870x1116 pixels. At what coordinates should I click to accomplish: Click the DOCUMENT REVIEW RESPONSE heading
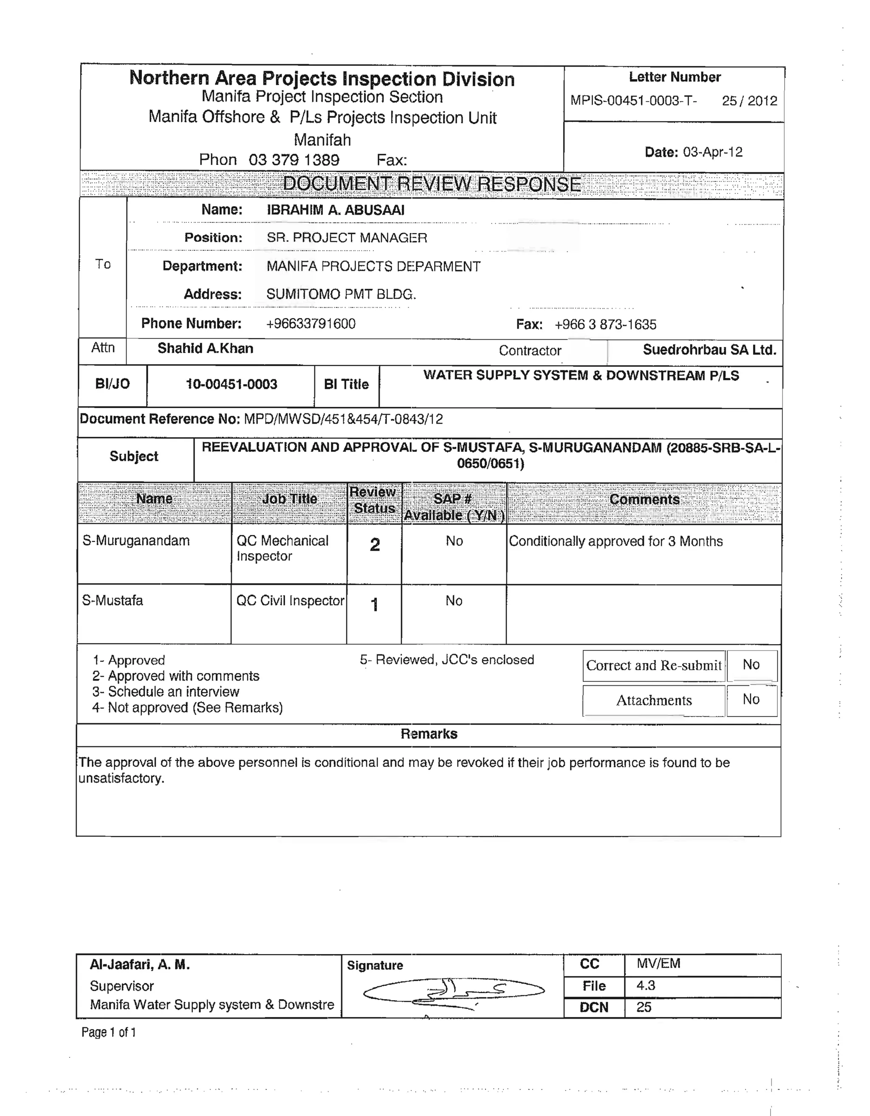pyautogui.click(x=432, y=184)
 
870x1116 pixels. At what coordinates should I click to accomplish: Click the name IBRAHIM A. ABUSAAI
pyautogui.click(x=336, y=210)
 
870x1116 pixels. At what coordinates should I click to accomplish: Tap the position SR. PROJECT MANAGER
pyautogui.click(x=347, y=238)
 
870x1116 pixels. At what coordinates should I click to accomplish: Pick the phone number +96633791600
pyautogui.click(x=311, y=324)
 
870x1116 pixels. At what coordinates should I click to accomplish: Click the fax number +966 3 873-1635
pyautogui.click(x=605, y=324)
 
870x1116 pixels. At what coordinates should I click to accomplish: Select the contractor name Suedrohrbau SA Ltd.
pyautogui.click(x=709, y=350)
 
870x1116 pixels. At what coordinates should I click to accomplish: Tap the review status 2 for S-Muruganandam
pyautogui.click(x=375, y=545)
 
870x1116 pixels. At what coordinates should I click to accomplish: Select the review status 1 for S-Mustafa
pyautogui.click(x=374, y=605)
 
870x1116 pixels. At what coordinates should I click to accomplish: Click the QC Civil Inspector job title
pyautogui.click(x=290, y=601)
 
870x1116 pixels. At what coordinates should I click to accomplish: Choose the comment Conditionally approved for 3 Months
pyautogui.click(x=616, y=542)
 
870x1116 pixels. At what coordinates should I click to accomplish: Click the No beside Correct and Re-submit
pyautogui.click(x=751, y=665)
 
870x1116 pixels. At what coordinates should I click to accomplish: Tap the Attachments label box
pyautogui.click(x=654, y=701)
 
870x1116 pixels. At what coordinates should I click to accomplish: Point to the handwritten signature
pyautogui.click(x=453, y=992)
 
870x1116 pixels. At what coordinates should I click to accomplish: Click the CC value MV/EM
pyautogui.click(x=658, y=964)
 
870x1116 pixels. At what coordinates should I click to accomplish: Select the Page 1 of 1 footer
pyautogui.click(x=109, y=1033)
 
